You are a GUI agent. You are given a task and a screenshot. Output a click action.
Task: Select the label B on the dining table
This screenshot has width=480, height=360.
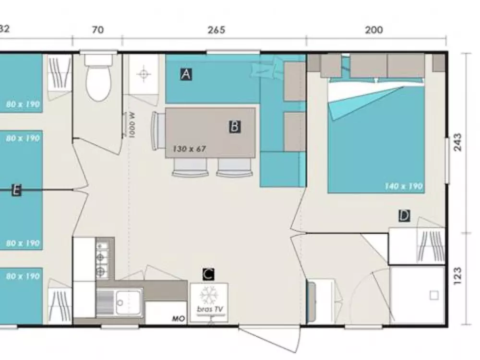pos(235,127)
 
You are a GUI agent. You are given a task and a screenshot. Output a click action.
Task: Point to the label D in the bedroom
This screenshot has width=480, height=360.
pos(404,216)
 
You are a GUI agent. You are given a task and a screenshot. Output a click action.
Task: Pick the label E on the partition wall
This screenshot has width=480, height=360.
pos(16,191)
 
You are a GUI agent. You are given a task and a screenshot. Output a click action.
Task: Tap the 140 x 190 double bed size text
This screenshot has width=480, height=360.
pos(403,186)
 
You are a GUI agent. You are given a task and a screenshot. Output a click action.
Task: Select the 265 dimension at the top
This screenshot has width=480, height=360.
pos(216,30)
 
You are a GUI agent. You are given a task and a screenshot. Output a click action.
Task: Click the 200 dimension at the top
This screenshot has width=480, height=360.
pos(374,30)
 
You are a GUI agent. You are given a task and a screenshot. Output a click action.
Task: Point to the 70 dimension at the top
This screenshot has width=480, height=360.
pos(97,30)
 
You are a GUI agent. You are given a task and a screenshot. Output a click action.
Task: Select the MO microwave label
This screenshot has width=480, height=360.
pos(180,318)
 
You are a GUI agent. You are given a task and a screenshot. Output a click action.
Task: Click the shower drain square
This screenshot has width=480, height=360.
pos(434,295)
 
